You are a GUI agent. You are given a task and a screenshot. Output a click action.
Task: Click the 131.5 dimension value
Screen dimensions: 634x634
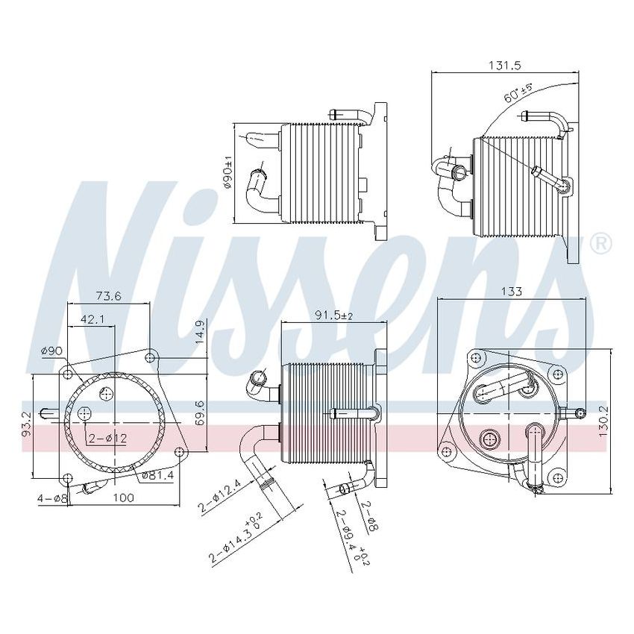pos(504,66)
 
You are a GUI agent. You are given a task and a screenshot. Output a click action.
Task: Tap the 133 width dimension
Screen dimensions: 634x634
pos(511,292)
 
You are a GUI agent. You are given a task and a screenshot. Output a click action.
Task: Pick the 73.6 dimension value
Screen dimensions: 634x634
pos(109,296)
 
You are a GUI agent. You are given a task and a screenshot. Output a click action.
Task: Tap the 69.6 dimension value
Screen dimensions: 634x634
pos(199,412)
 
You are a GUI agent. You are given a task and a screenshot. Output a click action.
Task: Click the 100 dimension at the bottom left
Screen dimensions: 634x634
pos(124,498)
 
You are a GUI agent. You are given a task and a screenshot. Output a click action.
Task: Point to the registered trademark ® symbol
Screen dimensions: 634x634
pos(600,243)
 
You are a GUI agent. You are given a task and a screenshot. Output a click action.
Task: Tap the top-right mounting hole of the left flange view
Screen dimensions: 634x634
pos(150,358)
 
